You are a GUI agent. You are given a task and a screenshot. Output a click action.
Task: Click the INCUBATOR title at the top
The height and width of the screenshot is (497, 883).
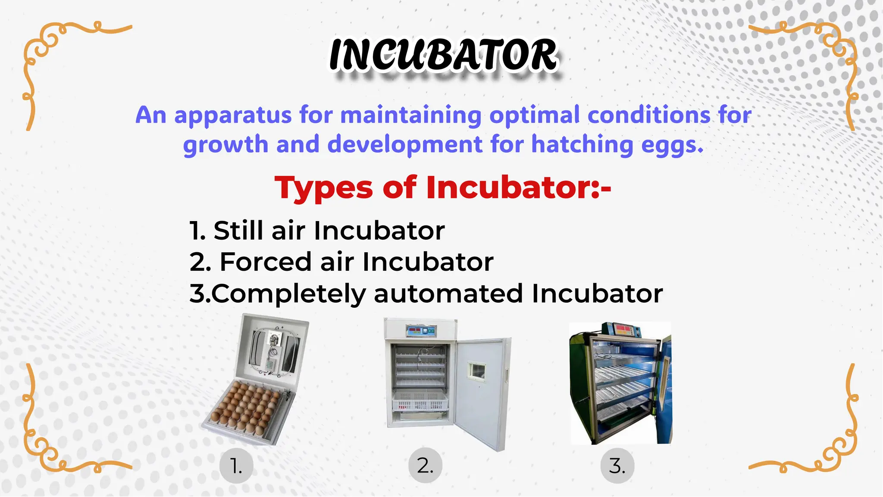pos(443,55)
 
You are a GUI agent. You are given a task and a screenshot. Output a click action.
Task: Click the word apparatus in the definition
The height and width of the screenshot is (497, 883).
pos(233,116)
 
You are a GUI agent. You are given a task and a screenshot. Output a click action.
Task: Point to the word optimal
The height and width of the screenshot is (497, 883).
pos(535,116)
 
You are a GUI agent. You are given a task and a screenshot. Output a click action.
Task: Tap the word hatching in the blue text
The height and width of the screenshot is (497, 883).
pos(582,144)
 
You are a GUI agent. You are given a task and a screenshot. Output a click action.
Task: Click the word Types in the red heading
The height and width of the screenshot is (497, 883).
pos(324,188)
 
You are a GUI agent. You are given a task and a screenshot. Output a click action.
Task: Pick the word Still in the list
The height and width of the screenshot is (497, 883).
pos(238,230)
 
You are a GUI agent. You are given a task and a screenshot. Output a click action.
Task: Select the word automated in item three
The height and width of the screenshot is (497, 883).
pos(448,294)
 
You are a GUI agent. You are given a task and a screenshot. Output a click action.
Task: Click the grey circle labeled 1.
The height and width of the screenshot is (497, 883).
pos(236,466)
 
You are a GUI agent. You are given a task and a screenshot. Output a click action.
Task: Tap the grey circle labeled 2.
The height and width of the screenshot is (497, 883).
pos(425,466)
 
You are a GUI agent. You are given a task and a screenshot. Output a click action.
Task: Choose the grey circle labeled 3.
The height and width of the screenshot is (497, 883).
pos(617,466)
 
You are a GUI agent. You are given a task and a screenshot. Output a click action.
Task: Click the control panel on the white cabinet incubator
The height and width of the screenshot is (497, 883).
pos(420,331)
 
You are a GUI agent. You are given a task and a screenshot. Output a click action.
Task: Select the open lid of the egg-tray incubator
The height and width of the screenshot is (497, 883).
pos(272,349)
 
